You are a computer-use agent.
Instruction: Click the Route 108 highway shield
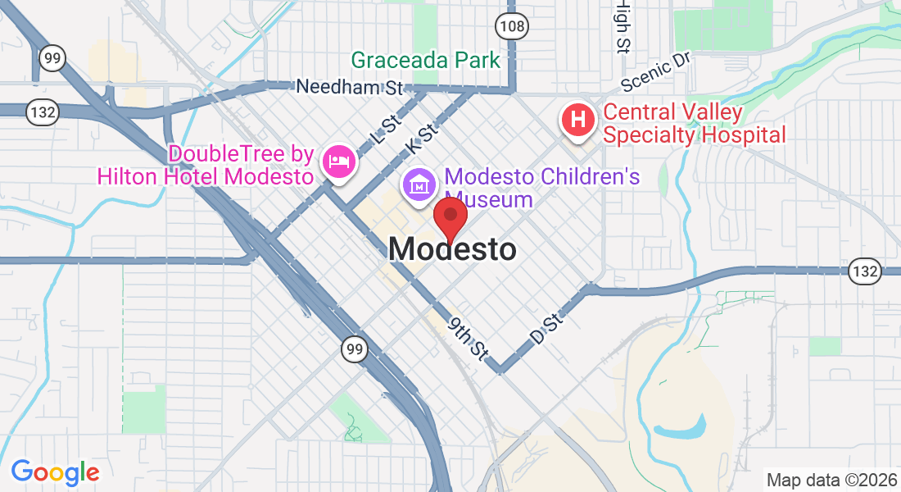coord(512,27)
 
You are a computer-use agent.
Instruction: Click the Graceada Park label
coord(425,60)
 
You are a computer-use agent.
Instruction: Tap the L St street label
coord(386,130)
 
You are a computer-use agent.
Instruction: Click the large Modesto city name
coord(453,249)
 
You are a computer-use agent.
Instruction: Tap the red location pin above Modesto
coord(450,216)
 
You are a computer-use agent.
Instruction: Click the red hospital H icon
coord(577,120)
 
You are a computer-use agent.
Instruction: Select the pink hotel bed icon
coord(338,160)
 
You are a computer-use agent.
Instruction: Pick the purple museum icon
coord(419,184)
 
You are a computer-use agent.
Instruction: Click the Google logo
coord(55,472)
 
